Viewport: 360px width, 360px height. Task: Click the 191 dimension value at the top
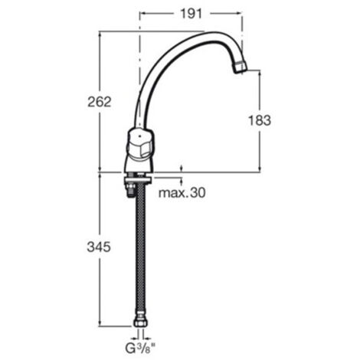pos(191,14)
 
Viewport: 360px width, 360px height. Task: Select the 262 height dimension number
pos(100,102)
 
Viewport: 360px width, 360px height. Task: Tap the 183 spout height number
pos(260,120)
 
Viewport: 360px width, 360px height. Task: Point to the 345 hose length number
pos(99,247)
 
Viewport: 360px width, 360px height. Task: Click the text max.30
pos(182,193)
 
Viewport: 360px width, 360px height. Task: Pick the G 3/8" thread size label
pos(140,349)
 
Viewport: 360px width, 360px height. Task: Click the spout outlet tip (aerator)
pos(241,67)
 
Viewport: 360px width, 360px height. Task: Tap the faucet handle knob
pos(140,143)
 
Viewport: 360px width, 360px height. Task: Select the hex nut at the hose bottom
pos(140,322)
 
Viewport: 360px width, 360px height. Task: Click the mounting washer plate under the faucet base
pos(138,180)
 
